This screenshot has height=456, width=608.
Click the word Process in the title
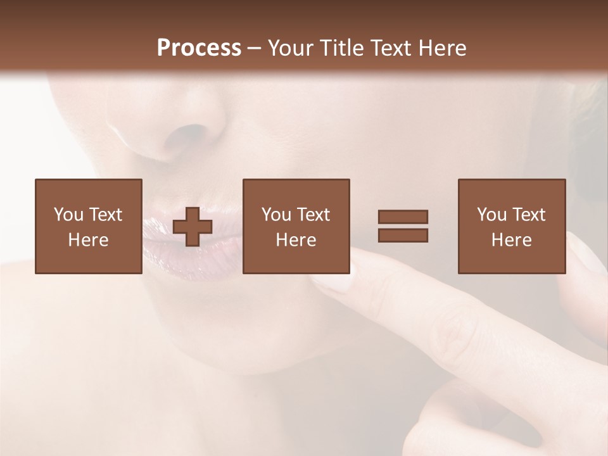pyautogui.click(x=199, y=48)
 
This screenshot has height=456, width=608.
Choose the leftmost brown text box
pyautogui.click(x=89, y=226)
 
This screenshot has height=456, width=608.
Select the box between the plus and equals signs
pyautogui.click(x=296, y=226)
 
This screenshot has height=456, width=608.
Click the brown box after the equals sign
pyautogui.click(x=512, y=226)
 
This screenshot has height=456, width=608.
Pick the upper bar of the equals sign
pyautogui.click(x=403, y=217)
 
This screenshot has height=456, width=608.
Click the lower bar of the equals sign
pyautogui.click(x=403, y=235)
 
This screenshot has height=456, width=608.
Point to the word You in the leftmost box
pyautogui.click(x=68, y=215)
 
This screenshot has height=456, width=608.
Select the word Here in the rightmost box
pyautogui.click(x=512, y=240)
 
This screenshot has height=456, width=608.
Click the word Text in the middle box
pyautogui.click(x=313, y=215)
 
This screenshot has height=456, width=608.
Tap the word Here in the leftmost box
pyautogui.click(x=89, y=240)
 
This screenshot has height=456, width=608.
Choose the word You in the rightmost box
pyautogui.click(x=491, y=215)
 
